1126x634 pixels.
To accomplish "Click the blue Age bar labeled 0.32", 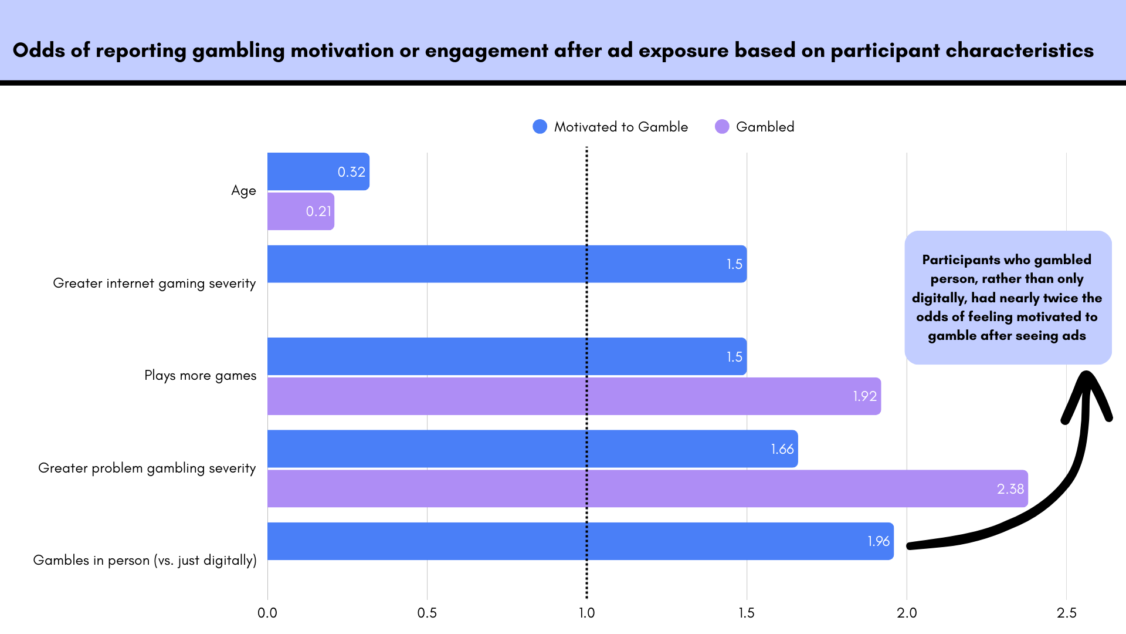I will coord(318,171).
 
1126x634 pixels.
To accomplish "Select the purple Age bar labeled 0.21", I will coord(300,211).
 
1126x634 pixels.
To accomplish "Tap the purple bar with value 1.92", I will coord(574,396).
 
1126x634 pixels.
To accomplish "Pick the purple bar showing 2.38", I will coord(647,488).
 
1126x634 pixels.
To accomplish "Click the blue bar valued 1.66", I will coord(533,449).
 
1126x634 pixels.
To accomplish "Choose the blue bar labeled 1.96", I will coord(580,541).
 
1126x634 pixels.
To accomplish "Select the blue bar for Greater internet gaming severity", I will coord(507,264).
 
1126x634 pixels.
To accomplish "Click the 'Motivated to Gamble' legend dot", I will coord(540,127).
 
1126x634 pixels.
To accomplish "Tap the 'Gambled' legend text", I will coord(765,127).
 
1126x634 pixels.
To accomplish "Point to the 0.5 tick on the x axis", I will coord(427,613).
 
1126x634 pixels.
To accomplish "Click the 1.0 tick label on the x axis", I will coord(586,613).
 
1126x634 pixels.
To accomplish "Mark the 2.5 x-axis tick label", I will coord(1066,613).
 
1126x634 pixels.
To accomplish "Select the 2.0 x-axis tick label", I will coord(907,613).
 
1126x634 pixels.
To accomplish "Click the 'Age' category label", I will coord(243,191).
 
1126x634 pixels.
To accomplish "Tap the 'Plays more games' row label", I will coord(200,376).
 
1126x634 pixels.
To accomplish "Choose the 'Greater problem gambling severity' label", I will coord(147,468).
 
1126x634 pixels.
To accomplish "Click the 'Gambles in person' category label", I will coord(144,561).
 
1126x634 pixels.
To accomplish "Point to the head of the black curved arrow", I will coord(1087,379).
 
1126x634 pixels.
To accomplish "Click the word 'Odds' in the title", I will coord(39,50).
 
